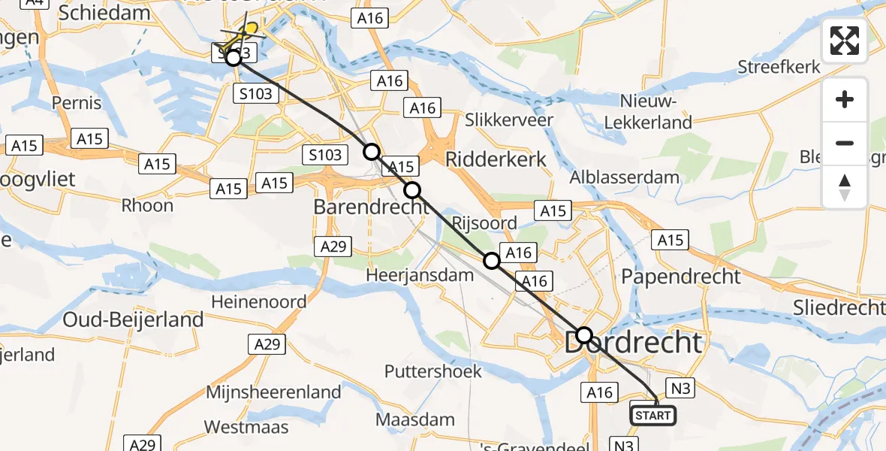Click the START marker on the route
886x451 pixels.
[x=652, y=415]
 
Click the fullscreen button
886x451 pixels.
[x=845, y=41]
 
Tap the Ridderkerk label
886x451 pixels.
[x=496, y=159]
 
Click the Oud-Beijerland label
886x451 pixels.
[x=133, y=319]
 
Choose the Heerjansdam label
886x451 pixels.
[x=420, y=275]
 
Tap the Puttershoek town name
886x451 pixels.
[x=433, y=371]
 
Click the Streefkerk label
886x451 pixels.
[x=779, y=66]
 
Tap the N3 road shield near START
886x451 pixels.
[x=679, y=388]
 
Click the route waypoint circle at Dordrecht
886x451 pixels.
[x=583, y=335]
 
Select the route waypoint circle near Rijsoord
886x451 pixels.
[x=491, y=261]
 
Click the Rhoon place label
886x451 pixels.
[x=147, y=205]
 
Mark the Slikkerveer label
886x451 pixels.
[x=509, y=120]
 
